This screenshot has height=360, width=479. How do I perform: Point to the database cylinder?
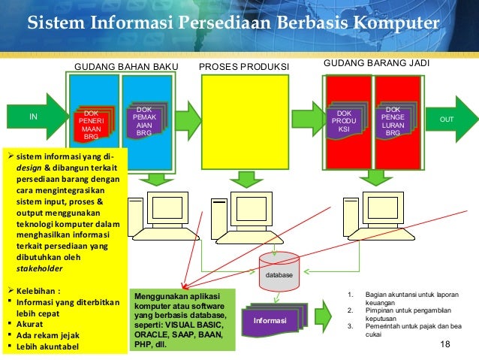279,271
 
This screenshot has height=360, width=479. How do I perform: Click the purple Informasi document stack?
275,322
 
